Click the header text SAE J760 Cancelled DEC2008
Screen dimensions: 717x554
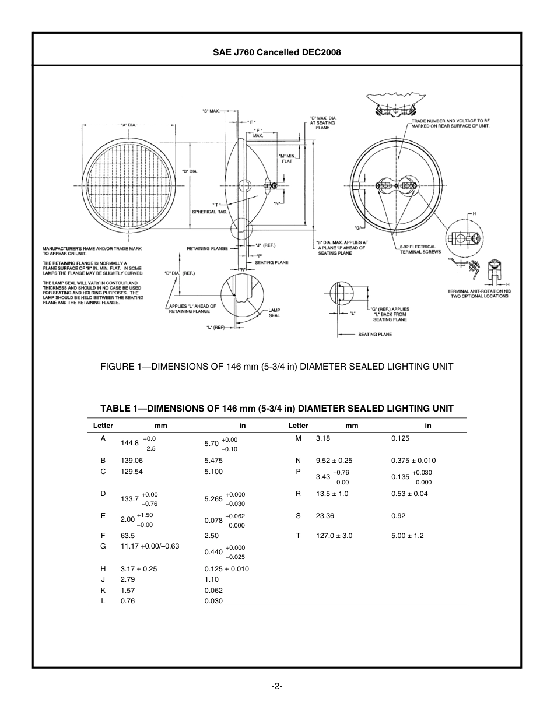point(276,52)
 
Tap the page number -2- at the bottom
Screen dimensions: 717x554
point(277,686)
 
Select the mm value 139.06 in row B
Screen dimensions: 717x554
point(132,460)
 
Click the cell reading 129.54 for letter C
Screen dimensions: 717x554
point(132,471)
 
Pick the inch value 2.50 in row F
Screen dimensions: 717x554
point(212,535)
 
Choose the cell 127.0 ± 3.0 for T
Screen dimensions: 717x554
point(334,535)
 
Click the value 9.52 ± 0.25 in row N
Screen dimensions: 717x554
point(334,460)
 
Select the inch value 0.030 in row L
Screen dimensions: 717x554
point(213,600)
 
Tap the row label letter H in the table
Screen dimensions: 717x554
point(103,568)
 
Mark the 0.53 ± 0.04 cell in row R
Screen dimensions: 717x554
point(409,493)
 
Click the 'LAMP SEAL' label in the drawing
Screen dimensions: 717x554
point(274,312)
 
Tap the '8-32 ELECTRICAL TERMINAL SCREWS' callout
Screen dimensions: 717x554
point(420,249)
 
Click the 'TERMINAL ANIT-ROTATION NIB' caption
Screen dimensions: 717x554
point(478,293)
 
